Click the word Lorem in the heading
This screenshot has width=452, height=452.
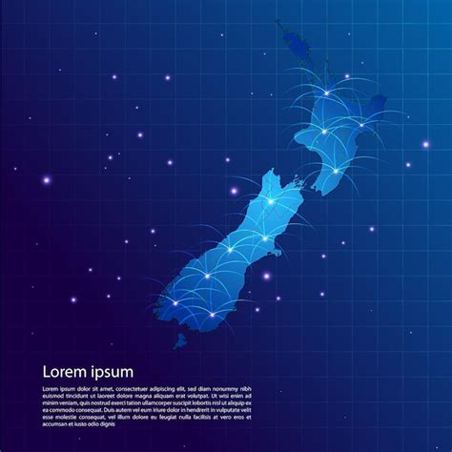click(65, 372)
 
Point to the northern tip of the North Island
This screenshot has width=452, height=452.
click(278, 24)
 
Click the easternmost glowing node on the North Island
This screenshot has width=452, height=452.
click(361, 124)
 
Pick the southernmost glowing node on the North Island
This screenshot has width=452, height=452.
click(336, 171)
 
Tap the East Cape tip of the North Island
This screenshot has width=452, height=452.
click(383, 99)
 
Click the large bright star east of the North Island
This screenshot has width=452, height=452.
click(425, 144)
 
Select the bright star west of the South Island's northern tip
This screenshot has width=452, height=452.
click(234, 191)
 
